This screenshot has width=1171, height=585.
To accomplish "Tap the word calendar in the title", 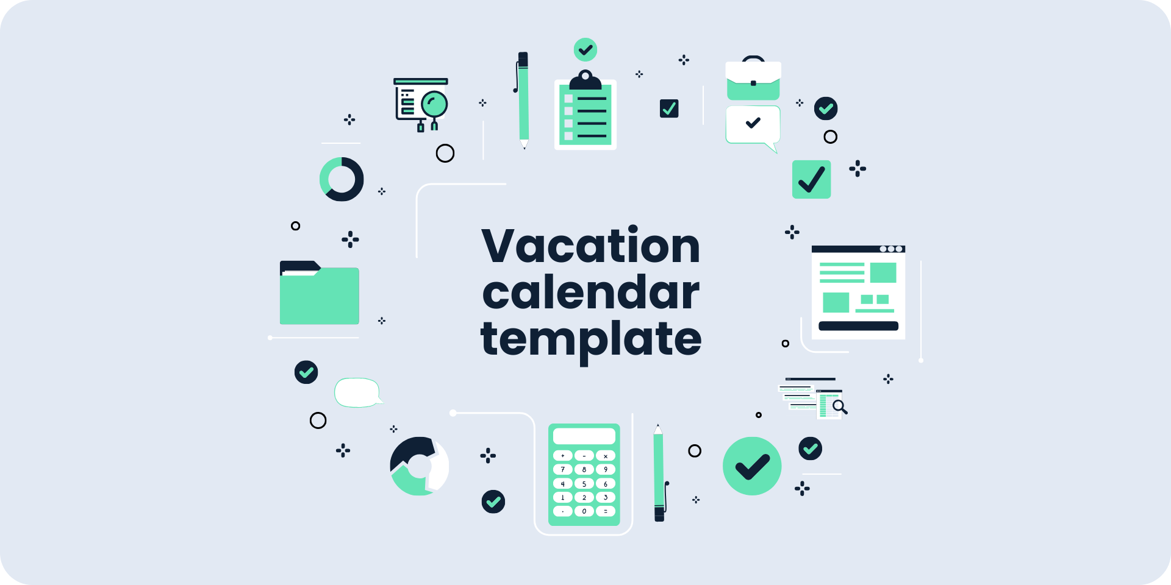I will (590, 293).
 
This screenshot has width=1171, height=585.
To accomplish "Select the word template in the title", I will (590, 339).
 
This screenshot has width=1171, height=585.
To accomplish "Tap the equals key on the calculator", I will (606, 511).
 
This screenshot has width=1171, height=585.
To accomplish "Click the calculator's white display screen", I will (584, 436).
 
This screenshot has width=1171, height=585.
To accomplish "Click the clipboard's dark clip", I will (585, 81).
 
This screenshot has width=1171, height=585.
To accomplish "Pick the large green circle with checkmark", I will (752, 466).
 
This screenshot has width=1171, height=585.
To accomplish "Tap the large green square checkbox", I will (811, 179).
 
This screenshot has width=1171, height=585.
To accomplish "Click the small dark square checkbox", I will (669, 108).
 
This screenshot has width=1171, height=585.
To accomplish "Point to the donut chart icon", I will (342, 179).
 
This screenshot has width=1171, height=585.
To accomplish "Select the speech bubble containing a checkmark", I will (753, 125).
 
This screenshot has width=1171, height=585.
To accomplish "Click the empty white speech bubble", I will (357, 392).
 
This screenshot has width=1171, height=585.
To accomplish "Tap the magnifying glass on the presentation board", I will (435, 104).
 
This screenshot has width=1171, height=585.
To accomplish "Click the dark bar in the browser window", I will (858, 326).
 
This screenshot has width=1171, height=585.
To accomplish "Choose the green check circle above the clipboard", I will (585, 49).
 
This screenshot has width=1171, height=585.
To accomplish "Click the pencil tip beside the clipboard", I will (524, 144).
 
